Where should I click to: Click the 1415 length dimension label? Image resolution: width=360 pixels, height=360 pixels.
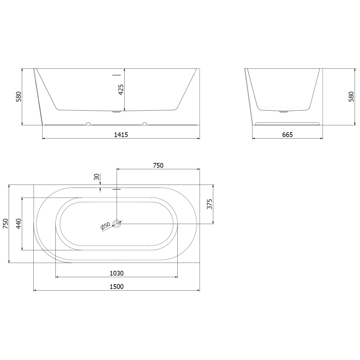tap(121, 135)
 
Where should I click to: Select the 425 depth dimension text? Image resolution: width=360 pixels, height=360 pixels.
tap(121, 90)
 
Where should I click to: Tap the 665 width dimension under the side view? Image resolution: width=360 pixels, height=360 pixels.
tap(287, 135)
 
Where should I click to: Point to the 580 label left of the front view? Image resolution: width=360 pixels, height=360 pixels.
tap(18, 97)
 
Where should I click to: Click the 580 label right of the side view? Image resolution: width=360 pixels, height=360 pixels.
tap(351, 97)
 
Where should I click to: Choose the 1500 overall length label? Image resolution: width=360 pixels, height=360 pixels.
tap(117, 287)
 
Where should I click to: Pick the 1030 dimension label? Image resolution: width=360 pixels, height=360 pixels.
tap(117, 273)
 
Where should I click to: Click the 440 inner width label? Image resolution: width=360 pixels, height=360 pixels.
tap(18, 224)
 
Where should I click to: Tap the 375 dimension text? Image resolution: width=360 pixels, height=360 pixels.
tap(209, 204)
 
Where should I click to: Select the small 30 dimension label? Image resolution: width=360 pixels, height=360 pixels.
tap(97, 177)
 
